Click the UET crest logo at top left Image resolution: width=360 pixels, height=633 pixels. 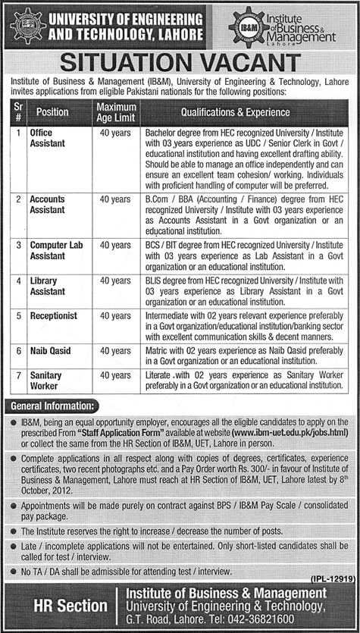[20, 24]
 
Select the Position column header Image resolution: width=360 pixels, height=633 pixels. [52, 111]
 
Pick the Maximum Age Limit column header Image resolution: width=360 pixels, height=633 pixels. [115, 111]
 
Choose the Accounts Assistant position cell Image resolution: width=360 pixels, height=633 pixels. [48, 204]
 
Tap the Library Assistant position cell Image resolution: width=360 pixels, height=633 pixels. [47, 285]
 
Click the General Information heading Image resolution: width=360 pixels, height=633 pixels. [51, 406]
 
